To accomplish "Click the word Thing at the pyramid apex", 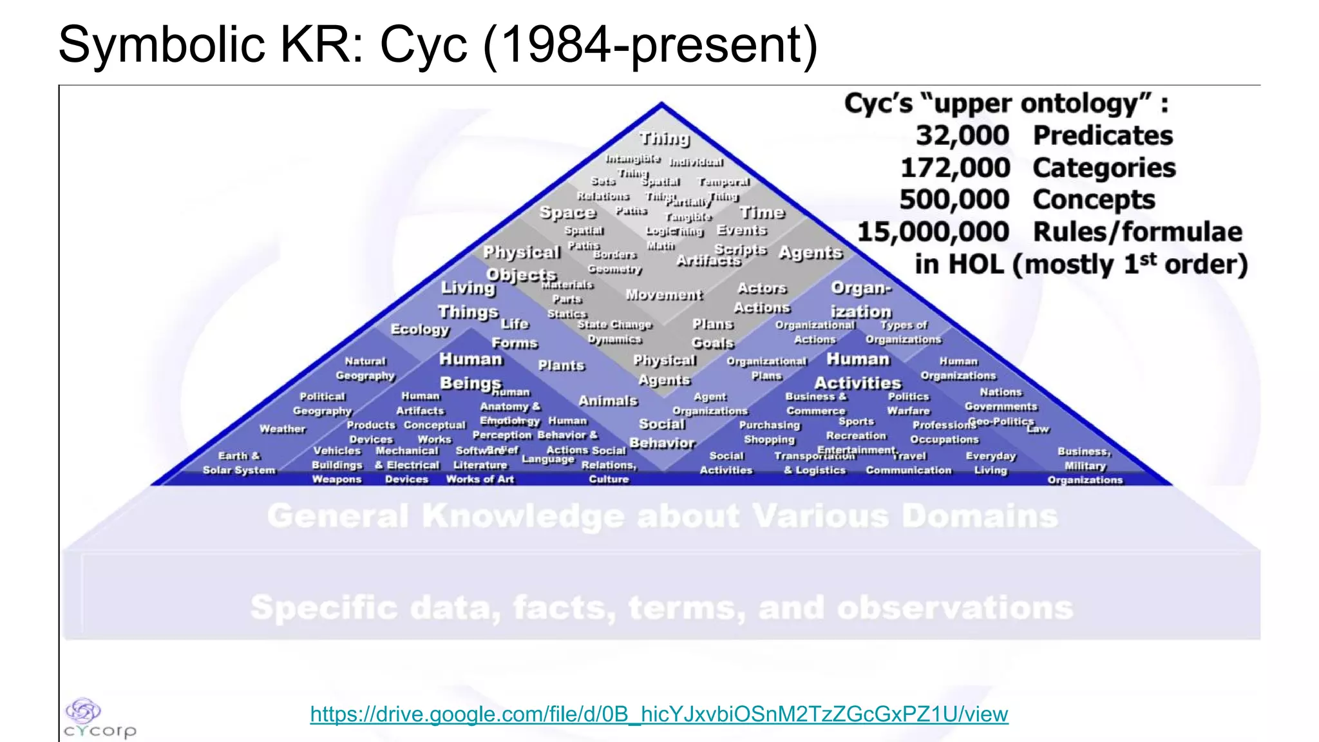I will point(664,138).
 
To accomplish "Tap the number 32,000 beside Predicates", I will point(962,136).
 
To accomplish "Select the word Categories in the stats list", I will point(1104,168).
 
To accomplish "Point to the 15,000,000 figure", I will point(933,232).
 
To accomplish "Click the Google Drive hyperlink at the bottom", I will point(659,714).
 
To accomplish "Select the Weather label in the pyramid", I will point(282,429).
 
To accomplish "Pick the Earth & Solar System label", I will point(239,463).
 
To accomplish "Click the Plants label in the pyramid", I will point(561,366).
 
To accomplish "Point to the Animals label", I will point(607,401).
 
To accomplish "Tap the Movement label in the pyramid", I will point(664,295).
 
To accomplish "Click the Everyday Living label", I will point(991,463).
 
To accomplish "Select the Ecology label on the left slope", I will point(420,329).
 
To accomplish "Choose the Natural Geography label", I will point(365,368).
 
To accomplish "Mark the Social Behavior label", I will point(662,433).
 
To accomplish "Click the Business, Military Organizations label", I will point(1085,466).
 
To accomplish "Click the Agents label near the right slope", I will point(810,252).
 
